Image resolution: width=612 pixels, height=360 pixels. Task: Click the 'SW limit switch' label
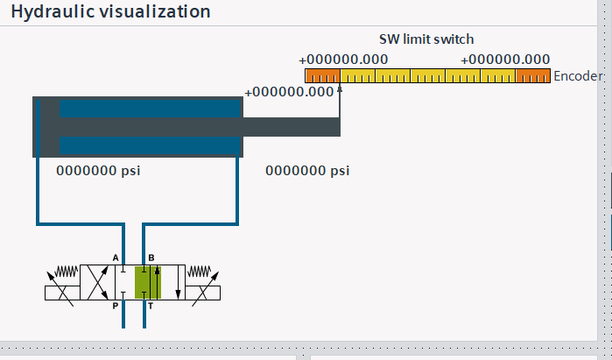[426, 39]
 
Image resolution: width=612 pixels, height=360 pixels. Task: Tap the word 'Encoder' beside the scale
[578, 76]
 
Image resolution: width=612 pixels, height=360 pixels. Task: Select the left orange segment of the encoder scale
[321, 75]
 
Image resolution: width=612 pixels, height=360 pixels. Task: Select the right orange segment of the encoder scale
[532, 75]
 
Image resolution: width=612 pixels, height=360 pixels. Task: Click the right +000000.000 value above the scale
[505, 60]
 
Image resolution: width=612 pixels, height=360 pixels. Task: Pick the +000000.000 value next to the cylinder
[290, 91]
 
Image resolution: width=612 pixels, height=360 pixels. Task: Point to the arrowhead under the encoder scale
[340, 88]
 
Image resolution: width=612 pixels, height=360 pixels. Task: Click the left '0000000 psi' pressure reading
[98, 171]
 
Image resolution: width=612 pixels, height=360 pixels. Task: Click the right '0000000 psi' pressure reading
[307, 171]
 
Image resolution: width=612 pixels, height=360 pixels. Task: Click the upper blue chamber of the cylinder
[149, 107]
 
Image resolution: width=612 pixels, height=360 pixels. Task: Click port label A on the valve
[116, 258]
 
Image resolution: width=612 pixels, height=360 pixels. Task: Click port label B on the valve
[151, 258]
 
